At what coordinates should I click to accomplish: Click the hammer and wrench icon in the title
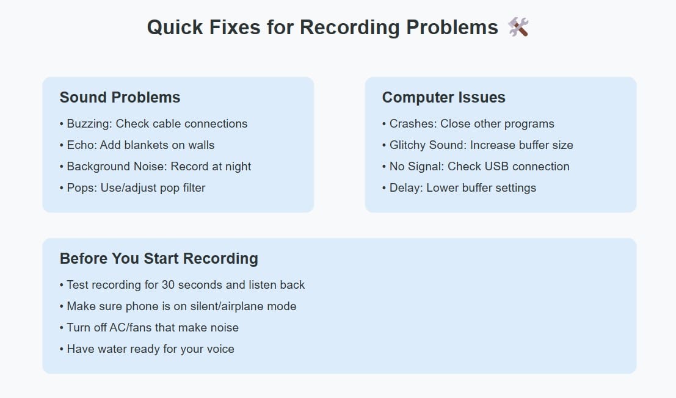pos(518,27)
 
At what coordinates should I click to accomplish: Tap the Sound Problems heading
pos(120,97)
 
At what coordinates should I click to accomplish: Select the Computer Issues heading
pos(443,97)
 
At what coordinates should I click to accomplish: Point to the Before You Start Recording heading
pos(159,258)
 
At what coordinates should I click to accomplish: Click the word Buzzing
pos(89,124)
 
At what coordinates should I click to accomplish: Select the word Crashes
pos(413,124)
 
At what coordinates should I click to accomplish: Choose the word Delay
pos(406,188)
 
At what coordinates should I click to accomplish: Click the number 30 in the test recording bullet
pos(168,285)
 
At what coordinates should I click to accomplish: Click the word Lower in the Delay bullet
pos(442,188)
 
